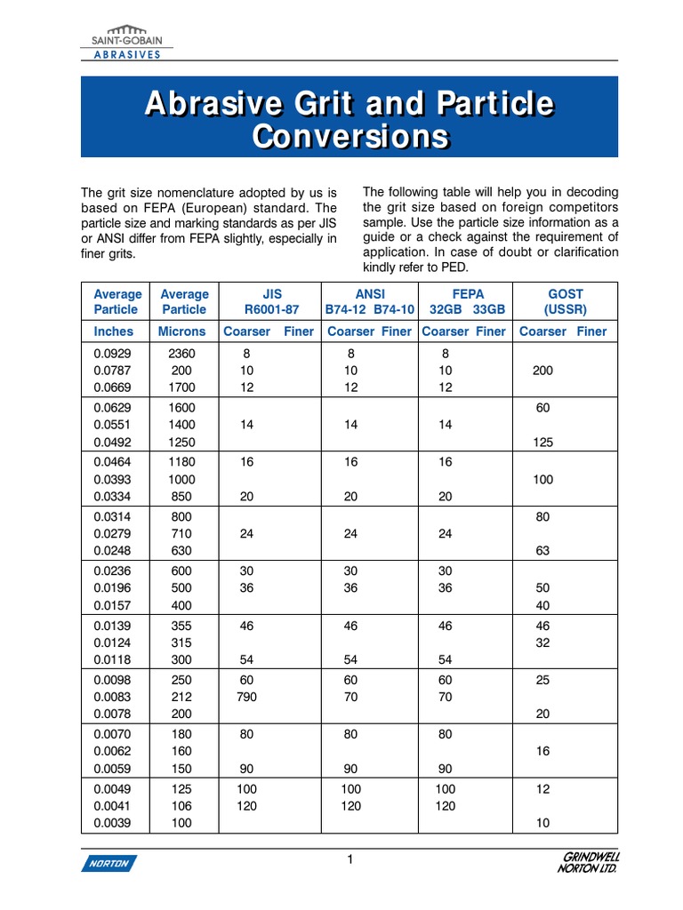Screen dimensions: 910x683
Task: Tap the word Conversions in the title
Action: coord(350,137)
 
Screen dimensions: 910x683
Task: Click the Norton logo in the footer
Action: coord(108,862)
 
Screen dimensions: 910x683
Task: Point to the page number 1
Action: coord(350,858)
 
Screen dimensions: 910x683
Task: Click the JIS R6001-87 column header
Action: coord(271,301)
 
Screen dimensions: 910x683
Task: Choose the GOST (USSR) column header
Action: coord(564,301)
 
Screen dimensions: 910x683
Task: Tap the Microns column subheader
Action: coord(181,331)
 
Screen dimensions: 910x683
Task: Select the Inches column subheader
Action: coord(114,331)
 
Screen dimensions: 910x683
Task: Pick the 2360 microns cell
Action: coord(181,353)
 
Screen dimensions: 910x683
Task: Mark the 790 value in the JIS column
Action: coord(246,698)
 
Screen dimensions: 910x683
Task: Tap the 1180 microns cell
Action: coord(181,462)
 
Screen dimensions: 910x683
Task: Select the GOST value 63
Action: coord(542,551)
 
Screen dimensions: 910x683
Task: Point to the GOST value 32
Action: coord(542,644)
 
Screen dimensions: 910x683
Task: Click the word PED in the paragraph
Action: coord(452,267)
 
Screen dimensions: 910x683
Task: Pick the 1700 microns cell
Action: coord(181,387)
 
